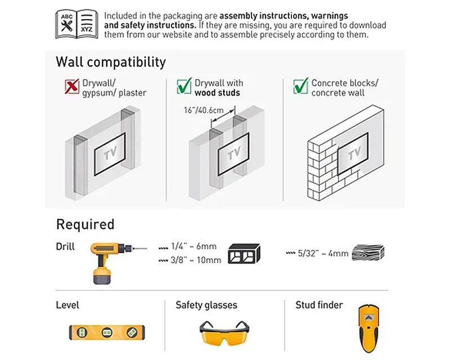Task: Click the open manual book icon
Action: click(x=76, y=24)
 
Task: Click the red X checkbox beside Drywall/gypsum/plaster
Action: click(x=72, y=86)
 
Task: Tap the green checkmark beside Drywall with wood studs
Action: click(x=184, y=86)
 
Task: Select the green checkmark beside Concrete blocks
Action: click(x=300, y=86)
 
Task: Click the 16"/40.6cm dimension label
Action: click(x=204, y=110)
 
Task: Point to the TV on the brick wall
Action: click(x=353, y=154)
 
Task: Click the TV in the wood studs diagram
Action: click(x=233, y=154)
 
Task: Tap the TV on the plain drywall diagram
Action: click(x=110, y=154)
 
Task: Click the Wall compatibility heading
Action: click(x=111, y=62)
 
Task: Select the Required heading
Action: click(x=85, y=224)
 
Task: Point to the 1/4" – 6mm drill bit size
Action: click(x=188, y=246)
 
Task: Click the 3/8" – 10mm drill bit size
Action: click(x=190, y=260)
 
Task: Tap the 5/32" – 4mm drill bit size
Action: click(x=317, y=253)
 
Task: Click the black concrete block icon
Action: click(x=244, y=254)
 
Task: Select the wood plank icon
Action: click(x=368, y=253)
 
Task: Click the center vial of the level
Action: click(x=107, y=332)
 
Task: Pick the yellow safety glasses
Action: click(x=224, y=333)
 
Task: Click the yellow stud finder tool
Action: click(x=369, y=328)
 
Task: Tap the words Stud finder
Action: click(x=319, y=305)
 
